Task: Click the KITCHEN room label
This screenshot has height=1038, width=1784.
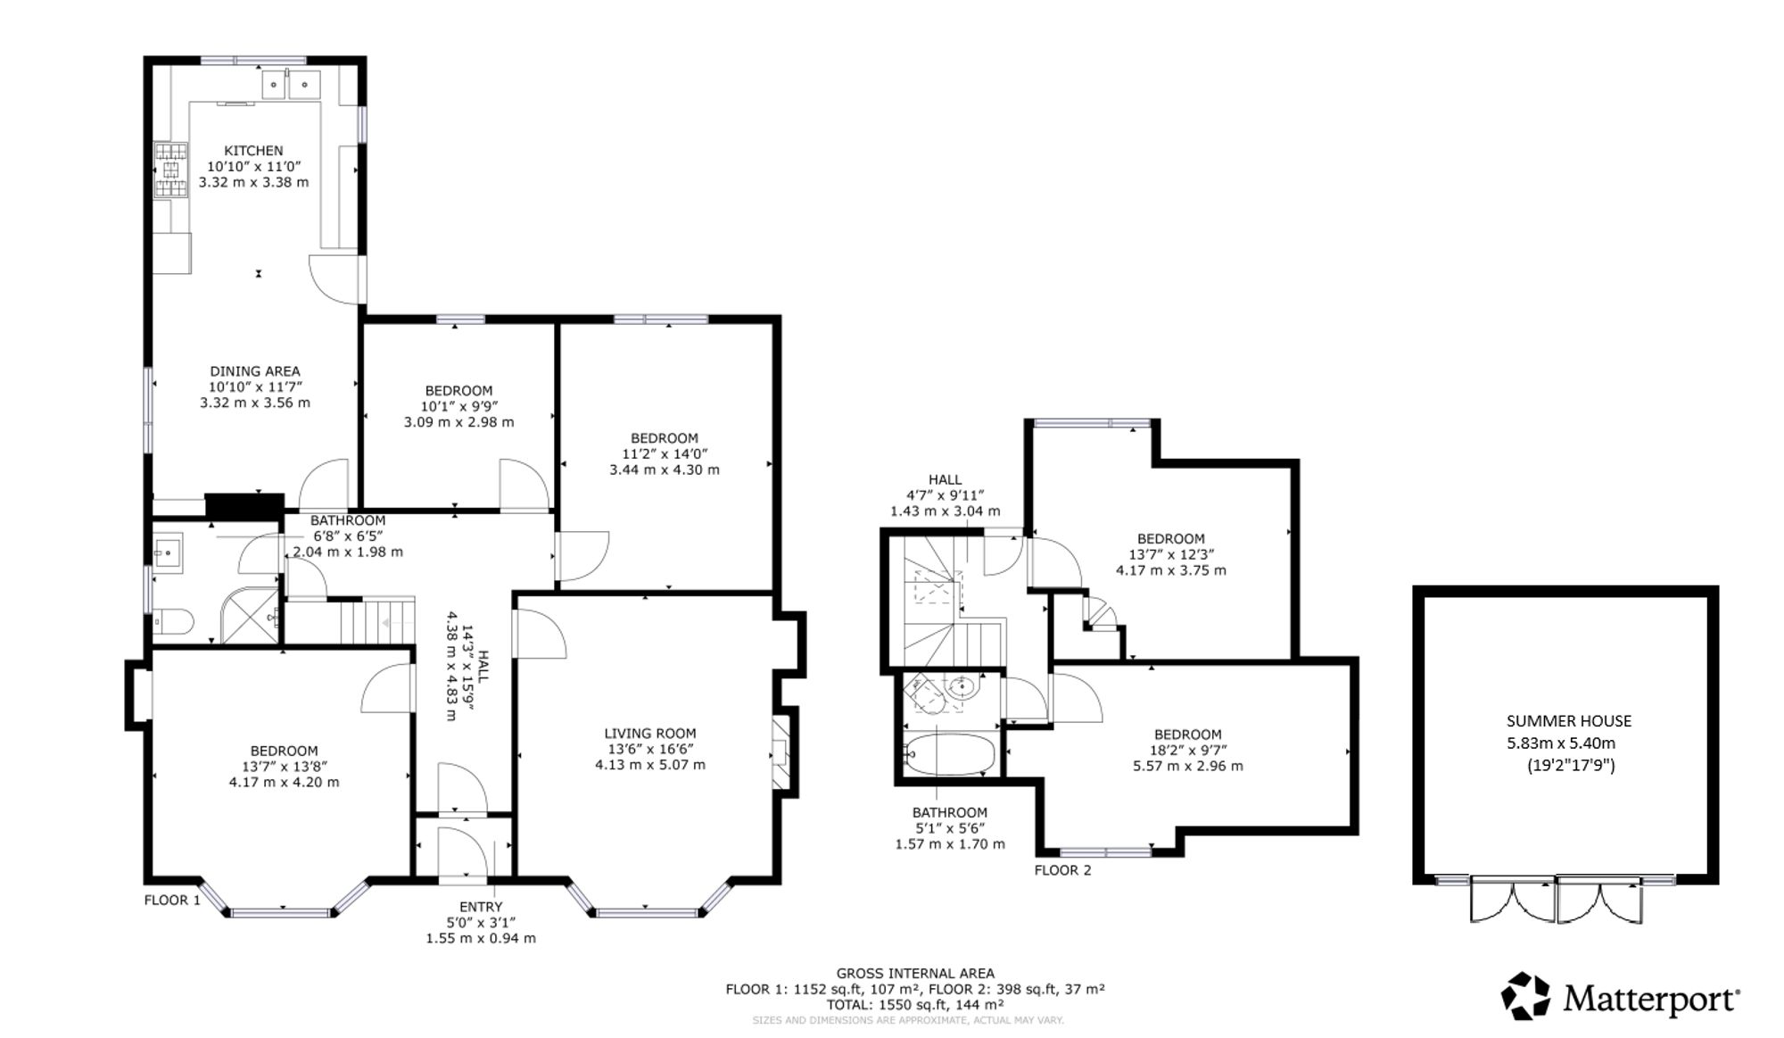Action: (253, 151)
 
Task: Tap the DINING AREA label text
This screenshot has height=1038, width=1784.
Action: (255, 371)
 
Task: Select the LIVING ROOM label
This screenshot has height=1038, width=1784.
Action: (650, 734)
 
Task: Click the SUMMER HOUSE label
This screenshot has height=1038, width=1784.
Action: (1569, 721)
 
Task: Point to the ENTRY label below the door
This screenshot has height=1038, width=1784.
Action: (481, 907)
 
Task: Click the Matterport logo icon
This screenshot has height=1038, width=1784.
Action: (1525, 996)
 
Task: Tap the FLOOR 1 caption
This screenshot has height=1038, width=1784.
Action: (172, 900)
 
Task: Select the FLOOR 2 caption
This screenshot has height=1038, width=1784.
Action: (1062, 870)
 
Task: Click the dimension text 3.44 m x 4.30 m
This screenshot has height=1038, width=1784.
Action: (665, 469)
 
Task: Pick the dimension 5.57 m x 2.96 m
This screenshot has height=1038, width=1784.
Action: (1187, 766)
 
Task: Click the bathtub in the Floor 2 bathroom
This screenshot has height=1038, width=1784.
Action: (948, 756)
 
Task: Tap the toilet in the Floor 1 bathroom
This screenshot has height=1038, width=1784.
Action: (174, 621)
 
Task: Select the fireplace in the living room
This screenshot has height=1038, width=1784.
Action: (781, 752)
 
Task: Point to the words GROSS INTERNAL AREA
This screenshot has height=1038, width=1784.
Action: (915, 974)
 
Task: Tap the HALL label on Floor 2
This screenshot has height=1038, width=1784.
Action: (945, 480)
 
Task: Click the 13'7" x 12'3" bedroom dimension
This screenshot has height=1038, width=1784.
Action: (1171, 554)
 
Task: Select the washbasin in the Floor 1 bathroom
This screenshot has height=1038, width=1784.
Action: (168, 551)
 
